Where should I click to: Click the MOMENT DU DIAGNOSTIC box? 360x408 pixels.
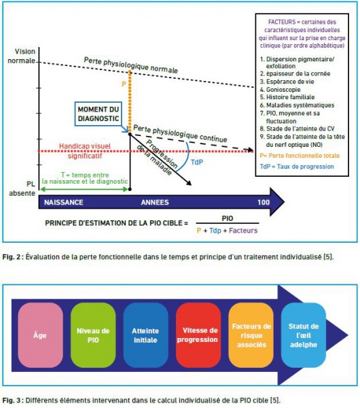(x=98, y=114)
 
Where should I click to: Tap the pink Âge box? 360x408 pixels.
(x=40, y=335)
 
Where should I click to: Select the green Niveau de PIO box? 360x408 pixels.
(x=93, y=335)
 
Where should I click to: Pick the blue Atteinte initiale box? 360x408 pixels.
(x=145, y=335)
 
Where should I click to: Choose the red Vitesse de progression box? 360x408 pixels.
(x=198, y=335)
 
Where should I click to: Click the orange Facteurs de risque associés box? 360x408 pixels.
(x=251, y=335)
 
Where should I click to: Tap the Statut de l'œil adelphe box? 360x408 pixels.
(x=304, y=335)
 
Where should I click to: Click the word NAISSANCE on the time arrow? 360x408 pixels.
(x=64, y=203)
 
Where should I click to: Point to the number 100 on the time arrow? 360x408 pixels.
(x=264, y=203)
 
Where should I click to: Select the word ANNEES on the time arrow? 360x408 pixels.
(x=155, y=203)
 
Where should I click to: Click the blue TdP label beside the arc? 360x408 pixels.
(x=197, y=162)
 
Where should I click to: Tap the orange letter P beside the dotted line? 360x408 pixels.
(x=124, y=84)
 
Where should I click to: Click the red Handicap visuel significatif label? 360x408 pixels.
(x=85, y=151)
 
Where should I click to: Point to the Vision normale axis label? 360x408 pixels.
(x=22, y=56)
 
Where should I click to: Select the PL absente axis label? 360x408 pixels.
(x=22, y=188)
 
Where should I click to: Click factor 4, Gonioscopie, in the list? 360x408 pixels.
(x=281, y=90)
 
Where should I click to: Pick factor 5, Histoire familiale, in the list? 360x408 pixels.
(x=287, y=97)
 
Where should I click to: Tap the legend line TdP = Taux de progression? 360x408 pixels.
(x=297, y=167)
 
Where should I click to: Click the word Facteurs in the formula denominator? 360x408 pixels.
(x=243, y=231)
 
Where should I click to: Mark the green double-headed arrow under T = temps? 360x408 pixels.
(x=84, y=189)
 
